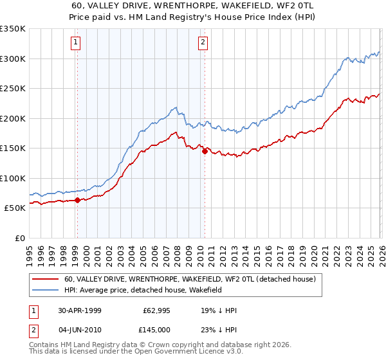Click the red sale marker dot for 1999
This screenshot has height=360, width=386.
78,200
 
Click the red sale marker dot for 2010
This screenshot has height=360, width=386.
205,151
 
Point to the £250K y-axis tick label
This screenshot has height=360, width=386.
12,89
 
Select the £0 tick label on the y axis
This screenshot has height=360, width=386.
19,238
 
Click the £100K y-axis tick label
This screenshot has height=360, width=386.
12,178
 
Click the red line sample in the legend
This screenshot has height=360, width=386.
46,280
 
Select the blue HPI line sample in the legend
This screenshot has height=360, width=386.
46,291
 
